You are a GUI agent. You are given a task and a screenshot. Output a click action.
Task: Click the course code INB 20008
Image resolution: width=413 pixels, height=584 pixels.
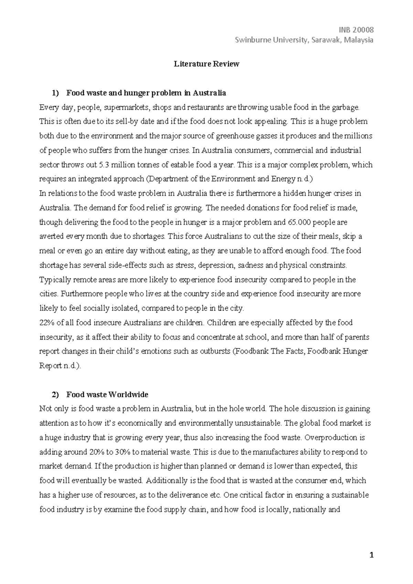click(x=360, y=30)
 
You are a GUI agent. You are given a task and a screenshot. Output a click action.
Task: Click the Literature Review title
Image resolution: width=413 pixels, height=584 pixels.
click(x=206, y=64)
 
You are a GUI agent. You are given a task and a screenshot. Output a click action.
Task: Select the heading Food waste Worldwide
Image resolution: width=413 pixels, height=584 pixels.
click(x=107, y=394)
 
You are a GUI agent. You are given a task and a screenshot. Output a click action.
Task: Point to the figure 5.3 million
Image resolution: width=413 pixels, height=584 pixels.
click(x=116, y=165)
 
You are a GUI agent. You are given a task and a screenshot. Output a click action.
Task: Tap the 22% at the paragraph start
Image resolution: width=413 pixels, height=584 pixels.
click(x=46, y=323)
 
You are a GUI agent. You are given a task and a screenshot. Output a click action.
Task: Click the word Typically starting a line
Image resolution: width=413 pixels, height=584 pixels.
click(x=53, y=280)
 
